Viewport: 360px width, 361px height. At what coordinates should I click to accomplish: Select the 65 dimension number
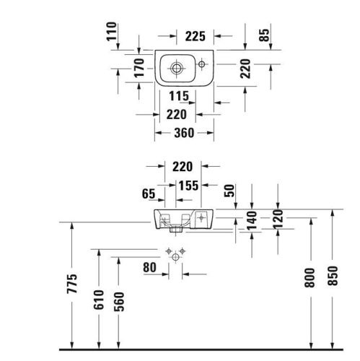[149, 193]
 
